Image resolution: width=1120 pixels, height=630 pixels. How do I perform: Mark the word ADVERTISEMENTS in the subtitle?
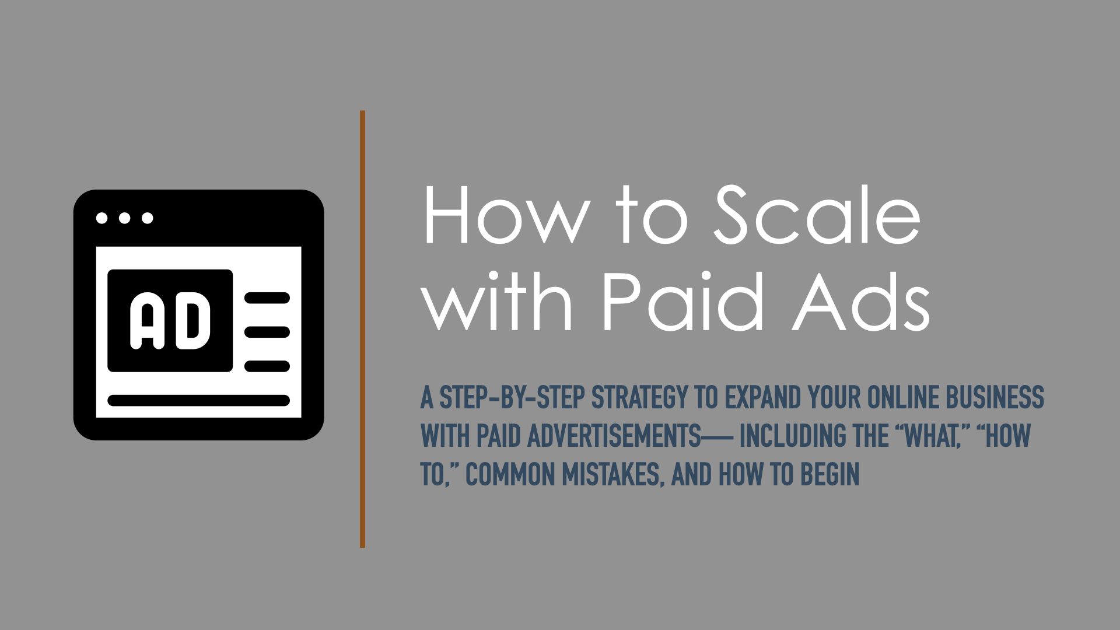614,436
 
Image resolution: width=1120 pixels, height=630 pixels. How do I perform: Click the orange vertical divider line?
362,329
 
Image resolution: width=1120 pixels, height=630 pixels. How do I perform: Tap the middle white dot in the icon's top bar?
124,218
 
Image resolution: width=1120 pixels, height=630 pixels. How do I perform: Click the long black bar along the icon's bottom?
199,401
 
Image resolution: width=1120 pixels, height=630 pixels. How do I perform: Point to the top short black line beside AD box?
267,298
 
